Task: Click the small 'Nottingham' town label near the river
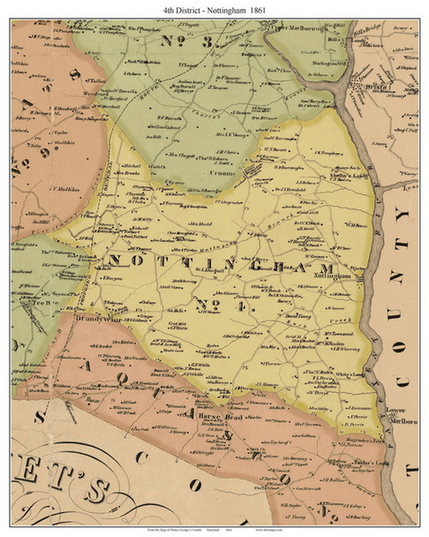(x=334, y=278)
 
